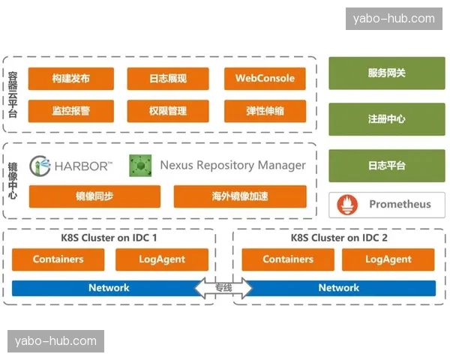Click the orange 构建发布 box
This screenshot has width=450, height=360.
pyautogui.click(x=71, y=79)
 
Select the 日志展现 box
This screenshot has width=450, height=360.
pyautogui.click(x=167, y=79)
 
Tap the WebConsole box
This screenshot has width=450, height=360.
pyautogui.click(x=265, y=79)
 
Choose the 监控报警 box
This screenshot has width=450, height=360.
pyautogui.click(x=71, y=111)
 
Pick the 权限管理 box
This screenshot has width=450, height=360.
pyautogui.click(x=167, y=111)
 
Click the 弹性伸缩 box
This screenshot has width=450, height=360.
pyautogui.click(x=265, y=111)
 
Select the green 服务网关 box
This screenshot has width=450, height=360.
pyautogui.click(x=386, y=73)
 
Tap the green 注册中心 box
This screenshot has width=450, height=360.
pyautogui.click(x=386, y=119)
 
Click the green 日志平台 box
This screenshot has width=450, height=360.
pyautogui.click(x=386, y=166)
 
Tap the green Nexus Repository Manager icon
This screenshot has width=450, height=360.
pyautogui.click(x=139, y=165)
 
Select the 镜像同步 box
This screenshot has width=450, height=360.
pyautogui.click(x=94, y=196)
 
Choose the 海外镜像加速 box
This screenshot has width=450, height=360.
pyautogui.click(x=240, y=196)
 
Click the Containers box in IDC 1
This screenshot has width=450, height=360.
pyautogui.click(x=58, y=259)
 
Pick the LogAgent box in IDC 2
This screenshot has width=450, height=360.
pyautogui.click(x=388, y=259)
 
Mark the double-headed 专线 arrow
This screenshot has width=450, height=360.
pyautogui.click(x=223, y=288)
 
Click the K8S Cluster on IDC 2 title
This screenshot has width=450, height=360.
pyautogui.click(x=339, y=238)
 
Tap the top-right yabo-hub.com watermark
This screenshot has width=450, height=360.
pyautogui.click(x=393, y=18)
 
